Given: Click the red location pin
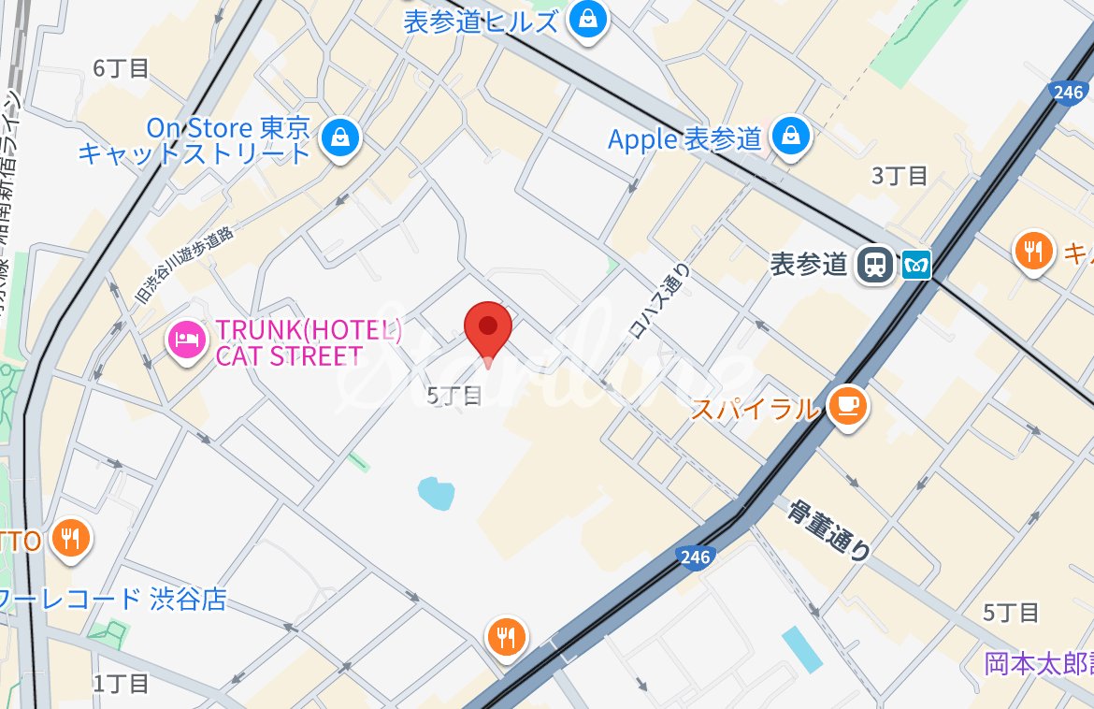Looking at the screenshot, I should point(488,327).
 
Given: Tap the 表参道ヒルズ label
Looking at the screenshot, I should point(482,21).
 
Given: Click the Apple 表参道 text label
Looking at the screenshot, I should point(684,139).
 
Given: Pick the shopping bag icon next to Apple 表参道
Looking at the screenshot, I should point(792,137).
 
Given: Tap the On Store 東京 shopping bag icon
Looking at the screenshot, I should point(340,138).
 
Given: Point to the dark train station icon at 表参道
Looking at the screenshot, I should point(875,264).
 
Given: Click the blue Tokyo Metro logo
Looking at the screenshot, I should point(917,265).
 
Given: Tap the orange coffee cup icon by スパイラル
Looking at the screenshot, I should point(848,406).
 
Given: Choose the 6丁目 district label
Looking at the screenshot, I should point(122,68).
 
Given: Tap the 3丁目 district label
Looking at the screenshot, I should point(899,176).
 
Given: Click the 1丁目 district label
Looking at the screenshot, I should point(122,683).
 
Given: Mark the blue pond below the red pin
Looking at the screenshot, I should point(436,492).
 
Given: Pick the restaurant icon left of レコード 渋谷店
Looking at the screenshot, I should point(70,538).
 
